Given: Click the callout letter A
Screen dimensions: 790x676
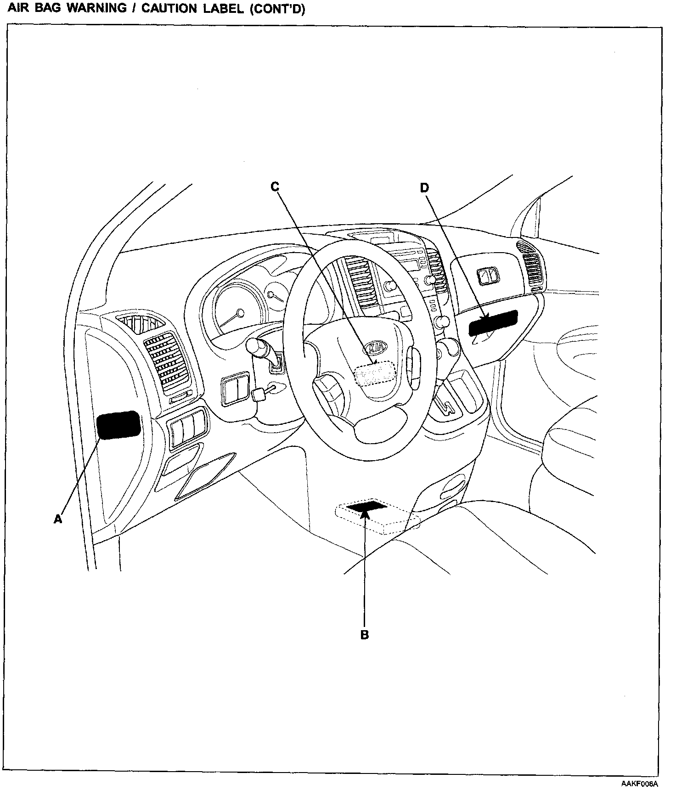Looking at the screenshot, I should (57, 519).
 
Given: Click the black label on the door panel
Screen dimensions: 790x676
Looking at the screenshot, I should (119, 425).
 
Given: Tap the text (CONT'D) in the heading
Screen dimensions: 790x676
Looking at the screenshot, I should (277, 9).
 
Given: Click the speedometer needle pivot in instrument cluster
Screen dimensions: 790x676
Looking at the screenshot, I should (240, 313).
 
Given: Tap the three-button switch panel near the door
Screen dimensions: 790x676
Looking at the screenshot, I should (187, 429).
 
